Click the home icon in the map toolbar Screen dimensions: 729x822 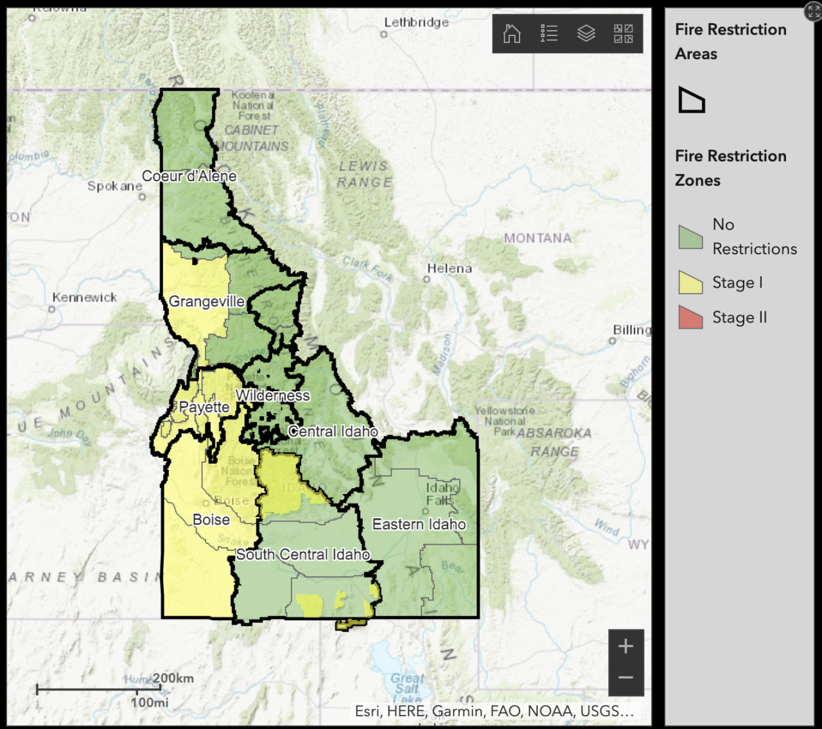click(x=512, y=33)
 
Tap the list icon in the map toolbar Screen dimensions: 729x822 click(x=549, y=33)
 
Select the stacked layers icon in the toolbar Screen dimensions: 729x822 click(x=586, y=33)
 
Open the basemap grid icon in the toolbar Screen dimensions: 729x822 click(x=623, y=33)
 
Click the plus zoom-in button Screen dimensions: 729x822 click(x=626, y=646)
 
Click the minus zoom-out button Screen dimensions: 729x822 click(x=626, y=678)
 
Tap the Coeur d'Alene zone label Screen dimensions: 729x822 click(x=189, y=176)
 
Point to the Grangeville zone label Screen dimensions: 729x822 click(x=206, y=301)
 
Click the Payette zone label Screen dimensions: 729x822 click(x=204, y=407)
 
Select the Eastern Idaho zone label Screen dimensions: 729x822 click(x=419, y=524)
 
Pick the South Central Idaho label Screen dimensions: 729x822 click(x=302, y=554)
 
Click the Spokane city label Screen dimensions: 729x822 click(x=114, y=186)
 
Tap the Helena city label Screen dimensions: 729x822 click(x=450, y=268)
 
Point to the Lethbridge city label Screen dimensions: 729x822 click(x=416, y=22)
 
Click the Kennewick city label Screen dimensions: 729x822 click(x=85, y=297)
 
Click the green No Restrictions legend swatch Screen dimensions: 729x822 click(x=690, y=237)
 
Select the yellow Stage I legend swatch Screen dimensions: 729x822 click(x=690, y=283)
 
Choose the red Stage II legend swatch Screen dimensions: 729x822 click(x=690, y=317)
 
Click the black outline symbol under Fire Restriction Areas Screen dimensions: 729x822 click(x=692, y=100)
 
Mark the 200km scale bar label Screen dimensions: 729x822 click(x=173, y=678)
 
